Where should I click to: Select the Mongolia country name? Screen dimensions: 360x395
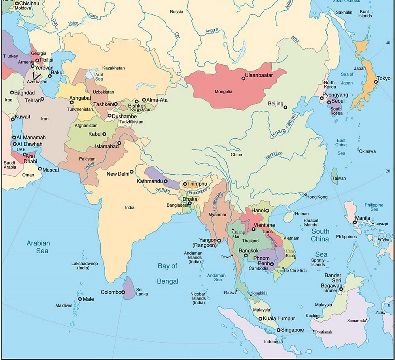point(223,92)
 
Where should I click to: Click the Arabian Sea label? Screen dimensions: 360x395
point(38,247)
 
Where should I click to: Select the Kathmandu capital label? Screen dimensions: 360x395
point(149,181)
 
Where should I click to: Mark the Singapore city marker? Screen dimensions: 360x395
point(278,330)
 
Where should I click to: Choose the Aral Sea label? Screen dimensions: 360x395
point(99,77)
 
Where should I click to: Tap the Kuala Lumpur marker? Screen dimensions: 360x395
point(260,319)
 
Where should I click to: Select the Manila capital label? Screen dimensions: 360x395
point(363,217)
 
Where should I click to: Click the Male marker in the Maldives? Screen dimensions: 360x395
point(80,299)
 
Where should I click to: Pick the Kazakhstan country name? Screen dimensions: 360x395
point(113,68)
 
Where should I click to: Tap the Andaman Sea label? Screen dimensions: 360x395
point(217,277)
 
